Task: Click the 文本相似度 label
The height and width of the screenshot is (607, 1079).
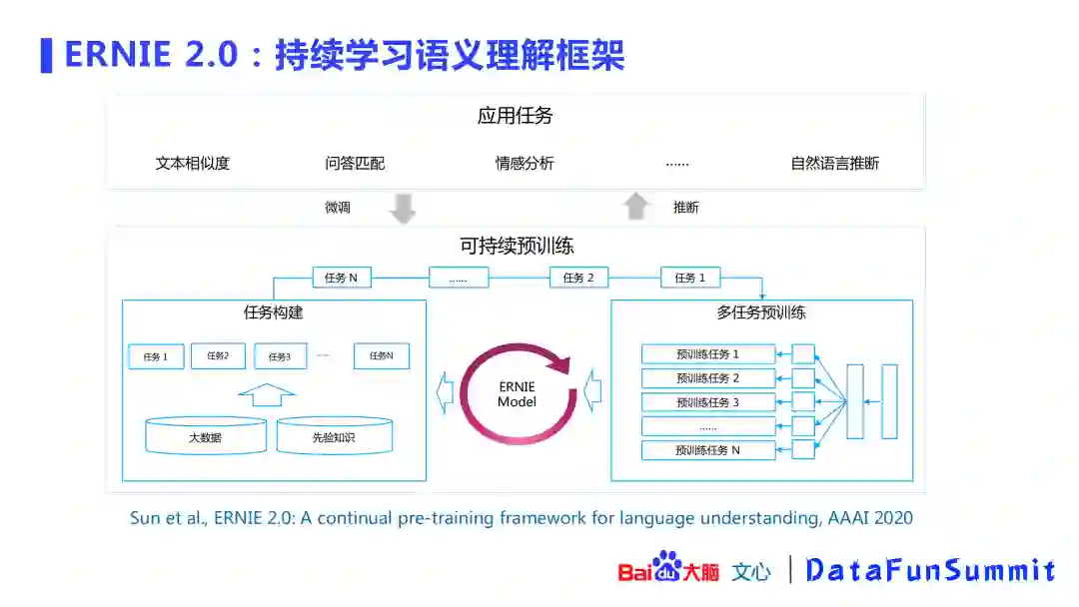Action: point(192,163)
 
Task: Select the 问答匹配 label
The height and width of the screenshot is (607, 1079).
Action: point(355,163)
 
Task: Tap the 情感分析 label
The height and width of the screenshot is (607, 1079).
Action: point(525,163)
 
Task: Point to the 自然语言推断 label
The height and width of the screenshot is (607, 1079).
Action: point(834,163)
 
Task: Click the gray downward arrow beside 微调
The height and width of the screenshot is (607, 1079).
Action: point(402,208)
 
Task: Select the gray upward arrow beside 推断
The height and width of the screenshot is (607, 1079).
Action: point(635,207)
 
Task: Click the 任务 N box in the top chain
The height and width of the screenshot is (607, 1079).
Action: point(341,278)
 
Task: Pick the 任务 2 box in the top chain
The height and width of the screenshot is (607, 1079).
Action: point(578,278)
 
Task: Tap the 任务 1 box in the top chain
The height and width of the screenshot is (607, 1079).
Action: point(689,278)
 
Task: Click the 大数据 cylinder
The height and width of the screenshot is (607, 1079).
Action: point(206,436)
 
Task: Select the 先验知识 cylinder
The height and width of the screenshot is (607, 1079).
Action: point(335,436)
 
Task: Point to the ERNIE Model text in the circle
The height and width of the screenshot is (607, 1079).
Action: point(517,394)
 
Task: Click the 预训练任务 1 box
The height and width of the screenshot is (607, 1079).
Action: point(708,354)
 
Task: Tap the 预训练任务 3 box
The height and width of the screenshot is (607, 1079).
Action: point(708,402)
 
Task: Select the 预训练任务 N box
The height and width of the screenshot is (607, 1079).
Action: point(708,450)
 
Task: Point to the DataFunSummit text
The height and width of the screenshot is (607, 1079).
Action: point(930,570)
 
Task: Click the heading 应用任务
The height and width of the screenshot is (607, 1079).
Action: point(515,116)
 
